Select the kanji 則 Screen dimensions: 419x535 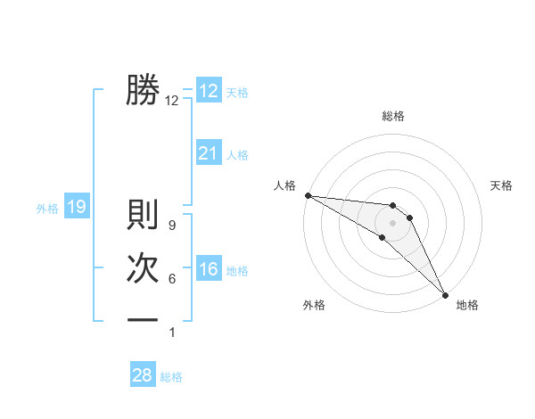143,215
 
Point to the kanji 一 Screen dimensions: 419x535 143,320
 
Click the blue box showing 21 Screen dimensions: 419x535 208,153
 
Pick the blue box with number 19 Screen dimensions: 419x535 76,208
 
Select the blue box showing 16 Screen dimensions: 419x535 208,269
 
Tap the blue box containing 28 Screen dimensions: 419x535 143,375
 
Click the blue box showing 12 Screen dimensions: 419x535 208,91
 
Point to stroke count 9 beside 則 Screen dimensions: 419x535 171,226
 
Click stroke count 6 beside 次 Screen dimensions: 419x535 171,279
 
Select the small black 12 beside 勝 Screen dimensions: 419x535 172,101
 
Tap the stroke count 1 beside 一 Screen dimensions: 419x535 171,333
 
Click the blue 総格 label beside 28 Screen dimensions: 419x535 171,377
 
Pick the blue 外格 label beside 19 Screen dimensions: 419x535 47,209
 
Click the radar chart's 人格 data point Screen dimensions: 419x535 308,195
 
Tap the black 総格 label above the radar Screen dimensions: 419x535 392,116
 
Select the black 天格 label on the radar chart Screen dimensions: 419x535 502,185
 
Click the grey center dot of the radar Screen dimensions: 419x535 392,222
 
